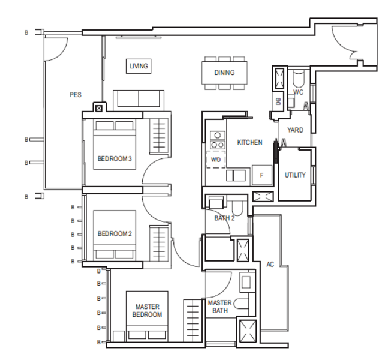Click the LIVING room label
(139, 66)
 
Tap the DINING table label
(224, 73)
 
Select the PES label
(76, 95)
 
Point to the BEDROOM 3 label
(115, 159)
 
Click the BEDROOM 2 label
(115, 234)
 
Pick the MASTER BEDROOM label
(148, 311)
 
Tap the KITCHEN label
(249, 142)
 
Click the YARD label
(296, 130)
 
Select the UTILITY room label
(295, 175)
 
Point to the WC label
(298, 92)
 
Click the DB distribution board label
(278, 101)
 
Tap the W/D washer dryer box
(216, 159)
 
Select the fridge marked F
(262, 175)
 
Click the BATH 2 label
(224, 218)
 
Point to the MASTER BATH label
(219, 307)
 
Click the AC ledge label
(270, 265)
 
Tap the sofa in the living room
(139, 101)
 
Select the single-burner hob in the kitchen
(218, 135)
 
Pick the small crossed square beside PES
(99, 109)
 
